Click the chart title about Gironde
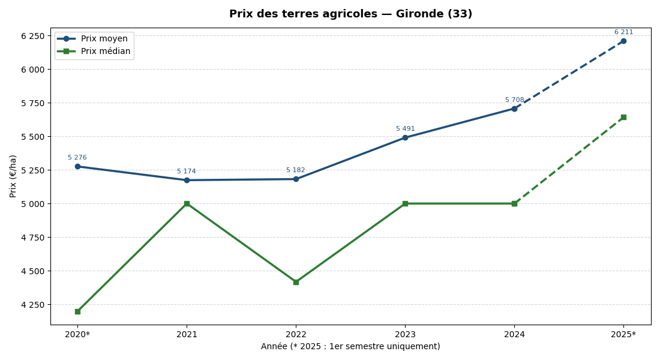[350, 14]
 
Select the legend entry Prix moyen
[105, 38]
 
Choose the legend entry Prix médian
[105, 52]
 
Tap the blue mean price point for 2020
[77, 166]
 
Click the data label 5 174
[186, 172]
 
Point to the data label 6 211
[623, 32]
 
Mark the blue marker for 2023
[405, 137]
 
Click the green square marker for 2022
[296, 282]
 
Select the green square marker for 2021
[187, 203]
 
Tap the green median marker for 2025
[623, 117]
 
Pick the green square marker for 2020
[77, 311]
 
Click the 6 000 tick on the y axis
[32, 70]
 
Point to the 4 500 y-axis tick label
[32, 271]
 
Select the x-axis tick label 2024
[514, 334]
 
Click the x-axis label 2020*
[77, 334]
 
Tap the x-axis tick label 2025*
[623, 334]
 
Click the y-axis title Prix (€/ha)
[13, 176]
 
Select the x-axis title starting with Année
[350, 347]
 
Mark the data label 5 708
[514, 100]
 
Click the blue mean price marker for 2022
[296, 179]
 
